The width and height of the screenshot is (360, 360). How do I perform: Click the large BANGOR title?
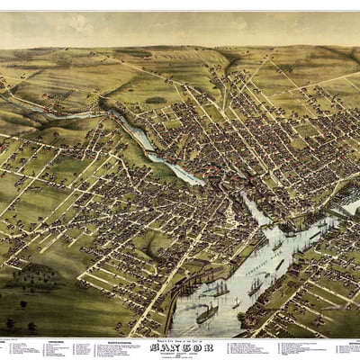point(180,344)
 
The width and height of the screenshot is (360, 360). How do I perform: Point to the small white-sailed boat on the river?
point(236,302)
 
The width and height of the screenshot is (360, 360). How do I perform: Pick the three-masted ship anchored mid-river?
point(220,289)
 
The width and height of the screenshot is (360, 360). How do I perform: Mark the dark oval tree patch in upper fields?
point(155,99)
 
